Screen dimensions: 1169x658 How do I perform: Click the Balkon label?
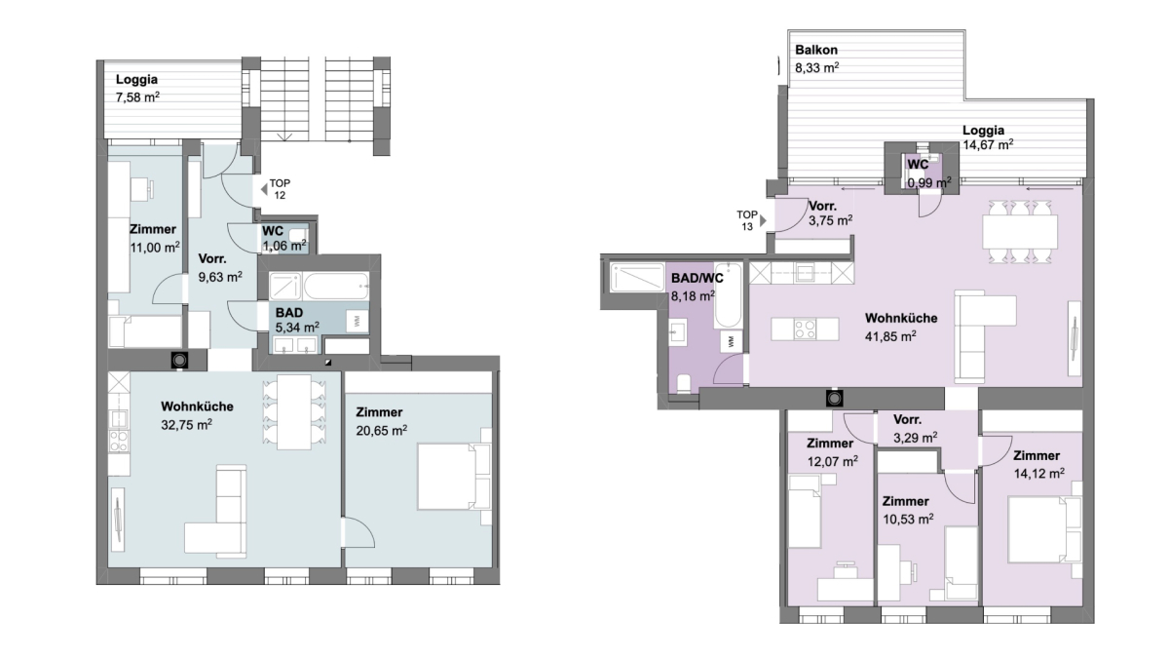tap(816, 50)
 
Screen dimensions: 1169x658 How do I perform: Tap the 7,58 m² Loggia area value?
tap(137, 97)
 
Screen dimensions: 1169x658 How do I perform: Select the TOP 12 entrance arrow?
tap(264, 189)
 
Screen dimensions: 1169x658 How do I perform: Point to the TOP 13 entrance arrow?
tap(763, 220)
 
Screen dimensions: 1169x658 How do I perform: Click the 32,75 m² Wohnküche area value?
tap(186, 425)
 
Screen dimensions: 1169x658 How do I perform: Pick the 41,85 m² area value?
tap(890, 336)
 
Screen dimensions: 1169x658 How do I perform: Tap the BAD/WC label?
tap(698, 279)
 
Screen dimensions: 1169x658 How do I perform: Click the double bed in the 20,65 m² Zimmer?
tap(454, 477)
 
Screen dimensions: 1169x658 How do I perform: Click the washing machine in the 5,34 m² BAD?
tap(358, 321)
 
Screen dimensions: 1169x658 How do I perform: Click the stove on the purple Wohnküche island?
tap(805, 329)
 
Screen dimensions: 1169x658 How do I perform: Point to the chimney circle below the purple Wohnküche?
tap(835, 399)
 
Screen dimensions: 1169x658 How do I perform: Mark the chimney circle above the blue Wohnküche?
tap(180, 361)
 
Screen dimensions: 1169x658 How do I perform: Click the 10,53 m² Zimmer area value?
tap(908, 519)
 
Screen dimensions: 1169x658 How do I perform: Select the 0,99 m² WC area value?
tap(929, 183)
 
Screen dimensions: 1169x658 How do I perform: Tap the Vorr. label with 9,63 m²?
tap(212, 259)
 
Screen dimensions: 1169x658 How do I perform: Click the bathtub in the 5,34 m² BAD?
tap(336, 286)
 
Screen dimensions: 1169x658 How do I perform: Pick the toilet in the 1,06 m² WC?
tap(298, 236)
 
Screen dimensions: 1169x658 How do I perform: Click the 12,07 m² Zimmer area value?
tap(832, 462)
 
